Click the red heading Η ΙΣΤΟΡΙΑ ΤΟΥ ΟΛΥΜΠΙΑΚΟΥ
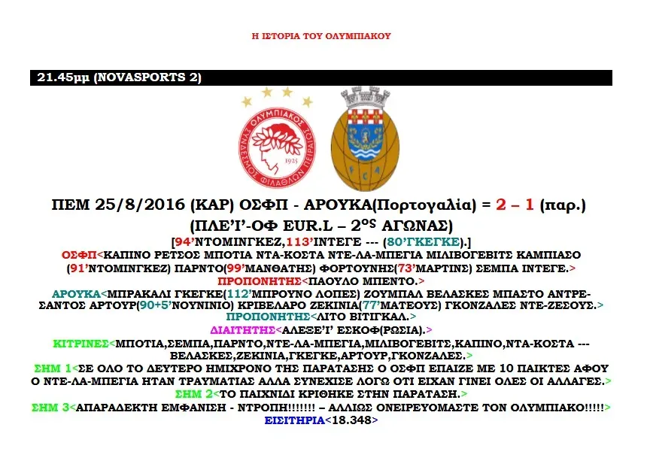tap(320, 35)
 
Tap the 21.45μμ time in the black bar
tap(63, 77)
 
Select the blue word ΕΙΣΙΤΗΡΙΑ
tap(294, 422)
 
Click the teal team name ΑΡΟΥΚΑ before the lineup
tap(74, 293)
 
